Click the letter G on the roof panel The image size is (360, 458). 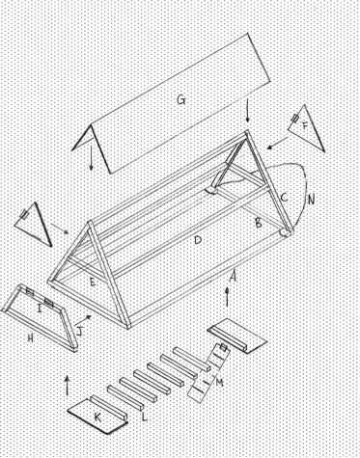[x=181, y=100]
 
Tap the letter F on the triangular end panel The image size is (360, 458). [x=304, y=126]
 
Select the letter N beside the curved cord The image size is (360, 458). [x=311, y=200]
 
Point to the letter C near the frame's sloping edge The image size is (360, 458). [x=284, y=198]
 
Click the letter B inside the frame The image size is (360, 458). [x=259, y=223]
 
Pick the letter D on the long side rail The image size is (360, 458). [x=198, y=240]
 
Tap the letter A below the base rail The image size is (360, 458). [x=234, y=276]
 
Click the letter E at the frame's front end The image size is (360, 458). [x=93, y=283]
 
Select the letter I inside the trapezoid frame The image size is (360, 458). [x=40, y=310]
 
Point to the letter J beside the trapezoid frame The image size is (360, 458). [x=80, y=331]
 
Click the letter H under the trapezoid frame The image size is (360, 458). [x=31, y=337]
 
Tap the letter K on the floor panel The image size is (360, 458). [x=97, y=418]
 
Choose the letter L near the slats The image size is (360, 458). [x=145, y=417]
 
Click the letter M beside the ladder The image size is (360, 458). [x=220, y=382]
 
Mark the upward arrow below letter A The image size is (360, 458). [x=228, y=297]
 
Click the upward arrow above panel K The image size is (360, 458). [x=67, y=385]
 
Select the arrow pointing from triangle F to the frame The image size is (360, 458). [x=277, y=143]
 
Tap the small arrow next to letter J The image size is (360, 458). [x=83, y=319]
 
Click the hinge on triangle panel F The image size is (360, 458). [x=295, y=118]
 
